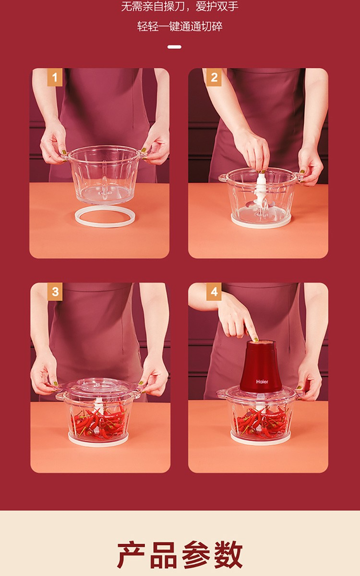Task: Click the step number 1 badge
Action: pos(55,77)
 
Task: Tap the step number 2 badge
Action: pos(214,77)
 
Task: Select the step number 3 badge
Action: pos(55,292)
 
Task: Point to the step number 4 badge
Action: pos(214,292)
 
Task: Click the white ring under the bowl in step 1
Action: pos(105,225)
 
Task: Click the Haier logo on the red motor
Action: pos(262,381)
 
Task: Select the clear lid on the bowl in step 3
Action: pos(98,386)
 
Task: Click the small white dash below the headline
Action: pos(174,47)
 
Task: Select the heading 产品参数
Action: pos(180,554)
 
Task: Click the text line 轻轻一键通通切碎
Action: pos(180,26)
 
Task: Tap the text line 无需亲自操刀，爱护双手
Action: pos(180,7)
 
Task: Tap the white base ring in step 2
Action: pos(261,223)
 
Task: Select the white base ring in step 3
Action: pos(98,442)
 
